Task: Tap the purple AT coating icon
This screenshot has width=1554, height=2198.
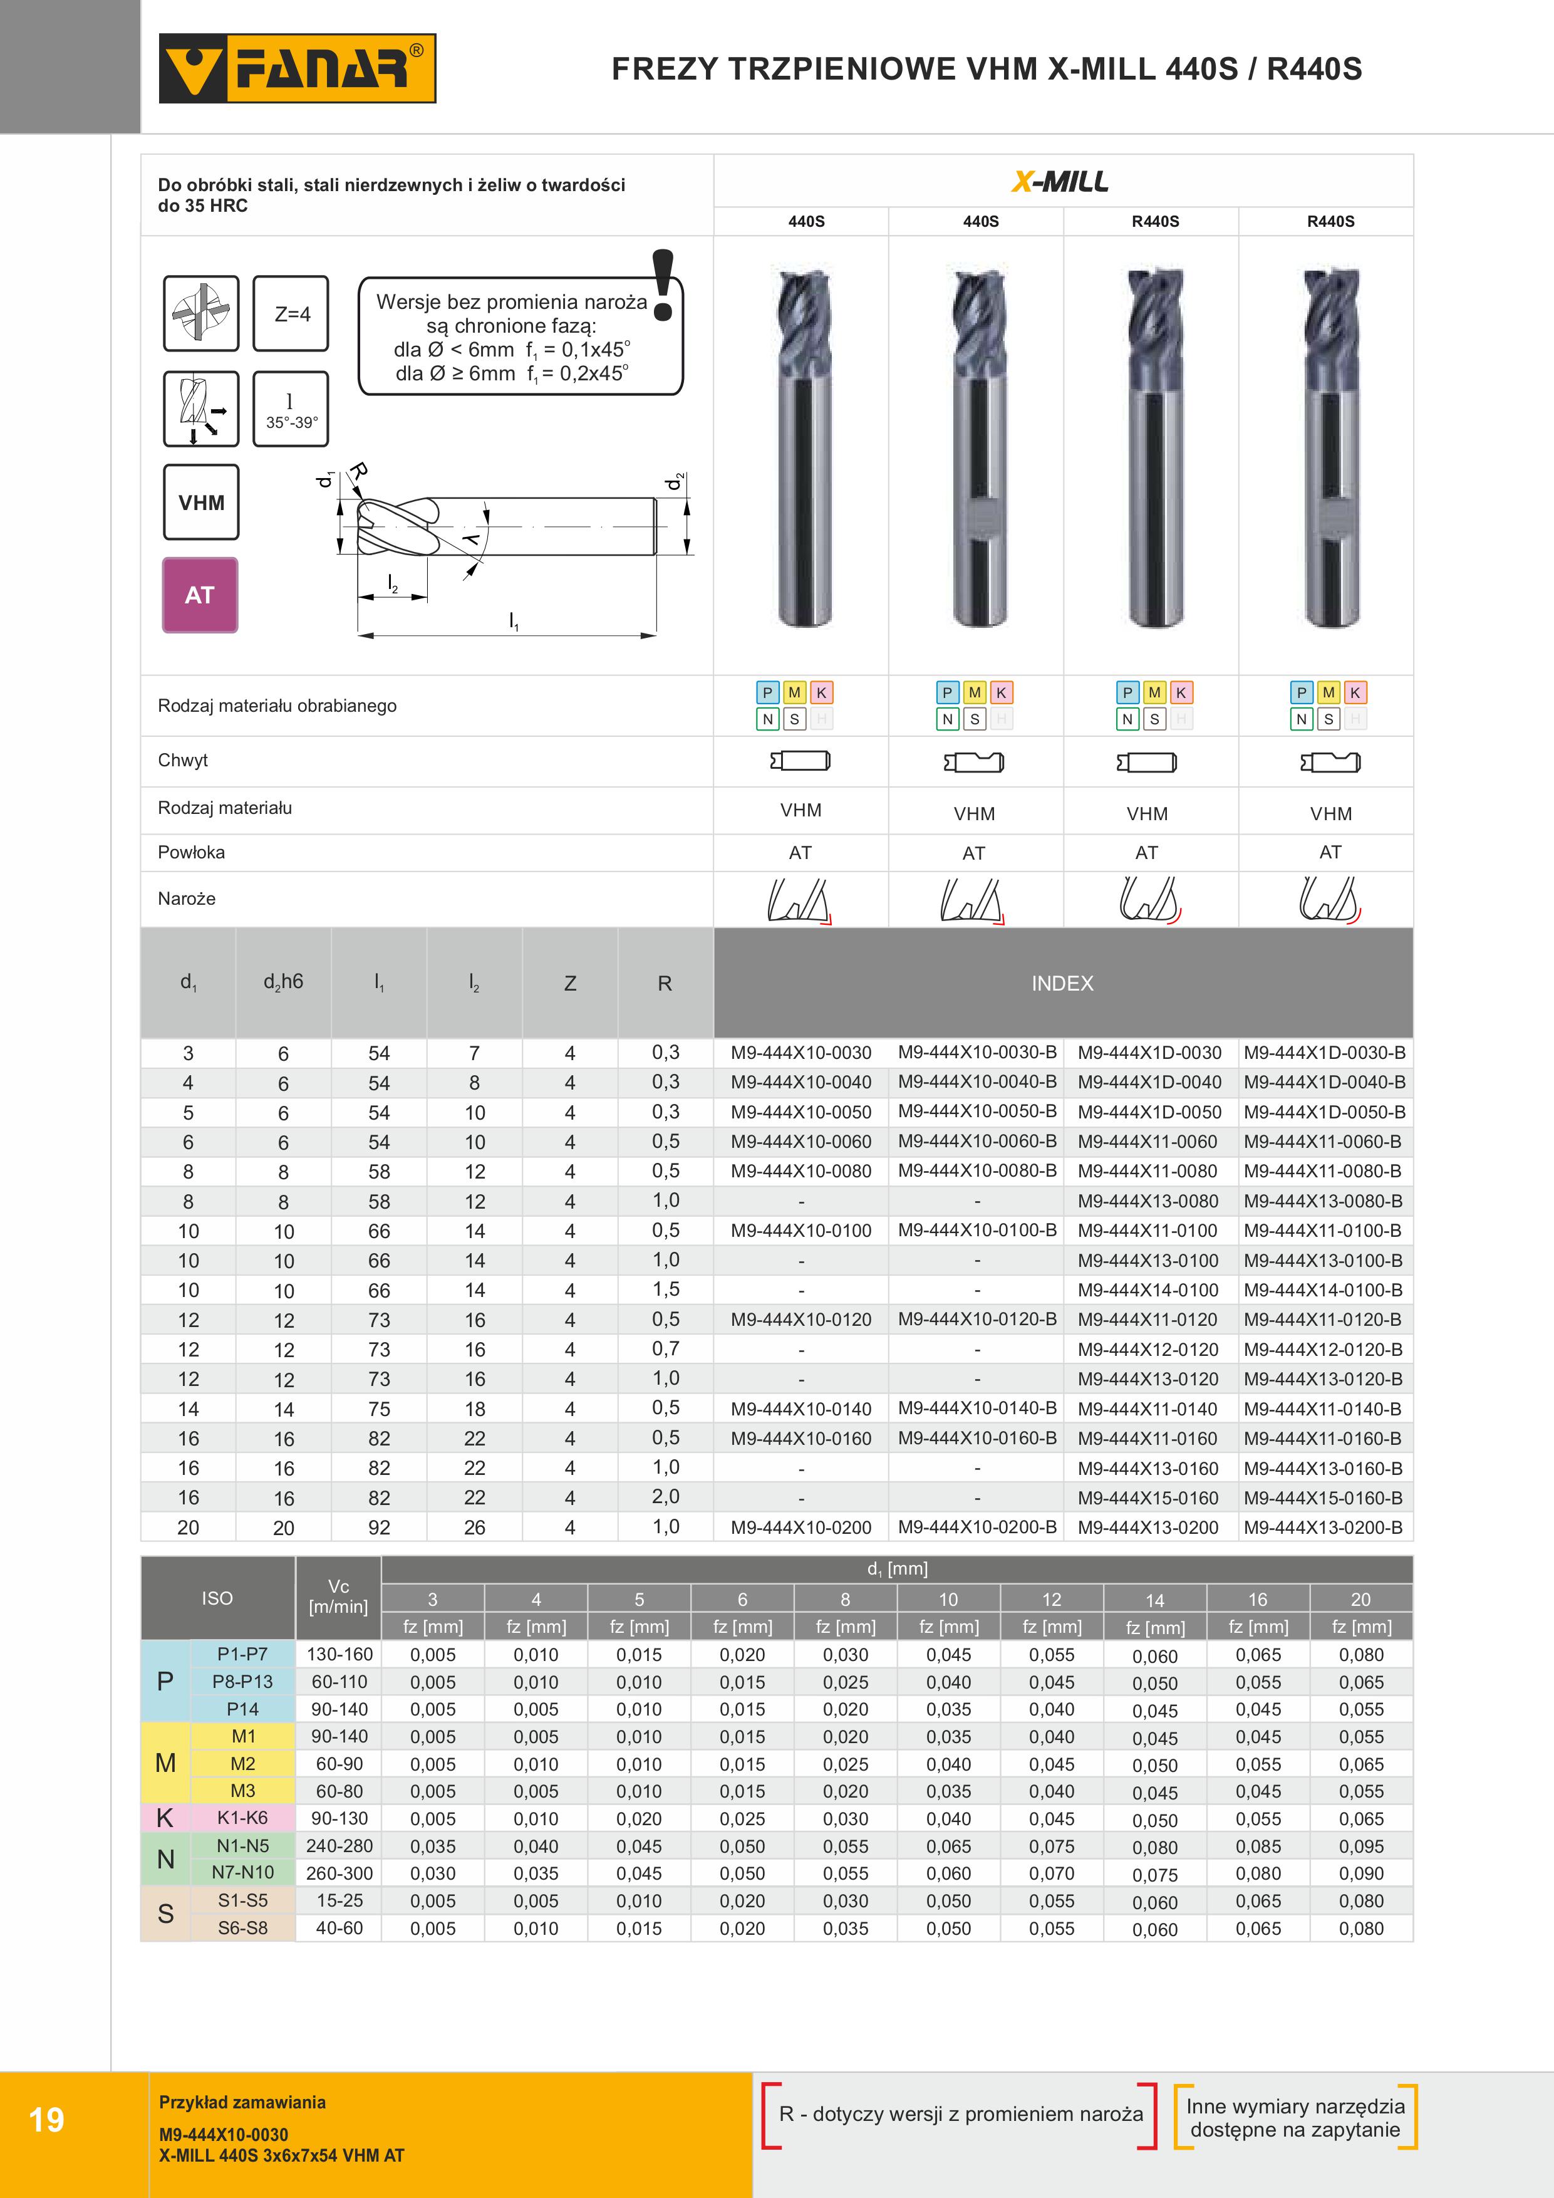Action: tap(200, 595)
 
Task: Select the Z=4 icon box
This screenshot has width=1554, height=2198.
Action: tap(291, 314)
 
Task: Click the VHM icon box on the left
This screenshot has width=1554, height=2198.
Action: tap(201, 503)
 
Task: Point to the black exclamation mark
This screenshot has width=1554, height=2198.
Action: tap(662, 284)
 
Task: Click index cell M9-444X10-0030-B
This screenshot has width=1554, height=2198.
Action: tap(977, 1052)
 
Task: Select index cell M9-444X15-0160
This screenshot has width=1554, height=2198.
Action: tap(1148, 1498)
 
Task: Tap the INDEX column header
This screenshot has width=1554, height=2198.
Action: tap(1062, 983)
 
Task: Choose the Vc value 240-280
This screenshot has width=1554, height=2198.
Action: tap(339, 1846)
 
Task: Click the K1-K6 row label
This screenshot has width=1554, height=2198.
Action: tap(242, 1818)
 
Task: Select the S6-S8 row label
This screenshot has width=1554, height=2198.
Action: tap(242, 1928)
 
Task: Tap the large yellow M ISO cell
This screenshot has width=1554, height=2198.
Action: tap(165, 1763)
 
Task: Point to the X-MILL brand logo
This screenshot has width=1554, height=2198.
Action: tap(1061, 181)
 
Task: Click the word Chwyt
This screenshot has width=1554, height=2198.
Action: tap(183, 760)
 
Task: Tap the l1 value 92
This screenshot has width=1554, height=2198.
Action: tap(379, 1528)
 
